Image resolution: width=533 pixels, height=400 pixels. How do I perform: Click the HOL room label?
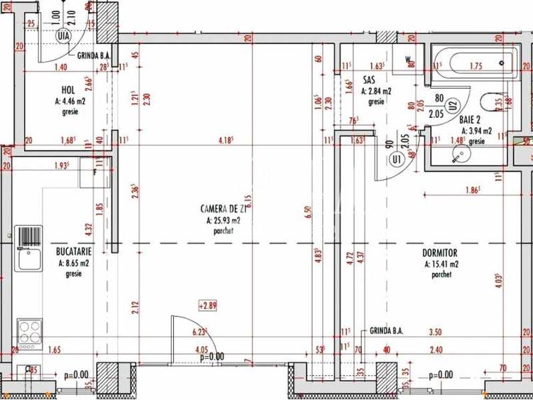click(x=68, y=90)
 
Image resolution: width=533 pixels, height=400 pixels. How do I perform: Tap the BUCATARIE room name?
click(x=73, y=252)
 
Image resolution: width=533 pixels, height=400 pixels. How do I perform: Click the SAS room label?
click(x=368, y=80)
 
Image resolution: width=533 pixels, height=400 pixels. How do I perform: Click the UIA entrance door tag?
click(x=64, y=35)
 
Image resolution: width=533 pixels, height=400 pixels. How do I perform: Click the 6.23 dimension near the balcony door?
click(x=199, y=332)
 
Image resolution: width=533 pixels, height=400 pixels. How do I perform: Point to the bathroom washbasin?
click(x=454, y=156)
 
